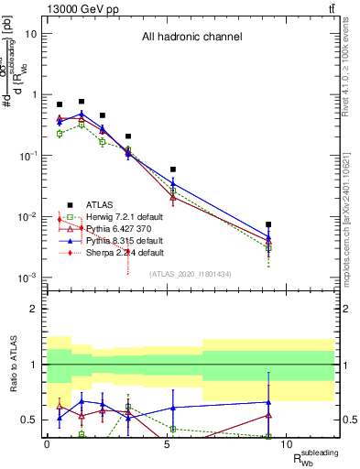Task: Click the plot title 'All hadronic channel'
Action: point(191,38)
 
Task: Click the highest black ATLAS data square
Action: point(82,102)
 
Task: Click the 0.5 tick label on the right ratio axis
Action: point(349,420)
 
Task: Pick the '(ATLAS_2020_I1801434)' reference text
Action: point(190,274)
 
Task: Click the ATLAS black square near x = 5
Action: point(173,169)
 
